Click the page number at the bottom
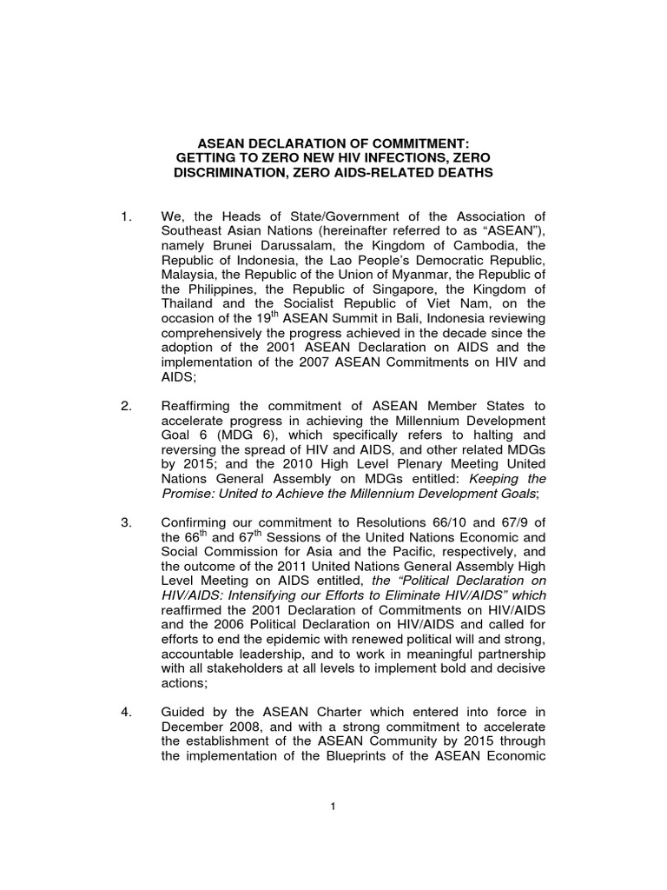tap(333, 807)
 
